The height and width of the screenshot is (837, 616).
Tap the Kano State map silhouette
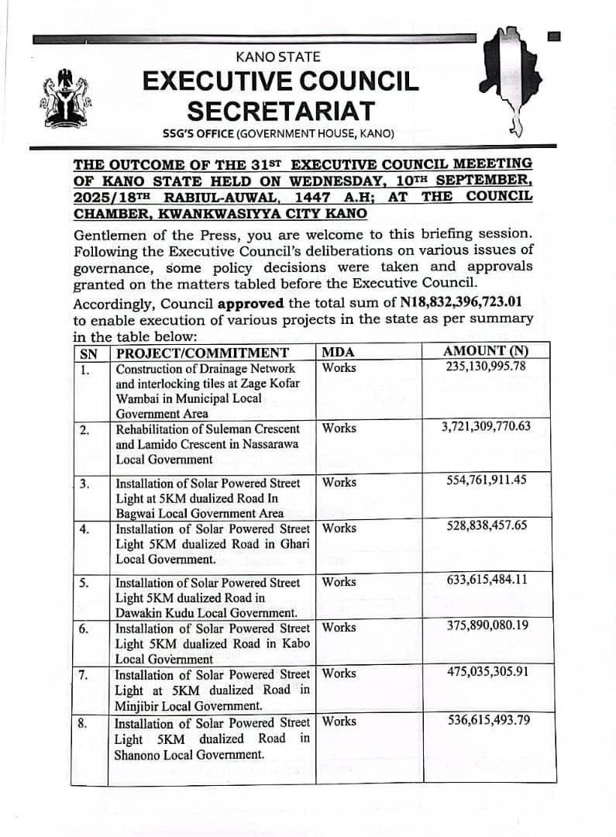click(508, 77)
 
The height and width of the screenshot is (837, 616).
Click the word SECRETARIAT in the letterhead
click(280, 110)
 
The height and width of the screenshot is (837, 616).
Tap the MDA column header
click(337, 352)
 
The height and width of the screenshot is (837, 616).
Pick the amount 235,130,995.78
click(486, 366)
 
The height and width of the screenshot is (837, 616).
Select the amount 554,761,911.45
click(486, 480)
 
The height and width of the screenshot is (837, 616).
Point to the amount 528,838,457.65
click(486, 527)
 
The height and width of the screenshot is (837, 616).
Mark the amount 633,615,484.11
click(486, 580)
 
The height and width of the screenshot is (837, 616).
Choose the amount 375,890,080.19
click(486, 626)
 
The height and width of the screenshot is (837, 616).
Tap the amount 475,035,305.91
click(486, 673)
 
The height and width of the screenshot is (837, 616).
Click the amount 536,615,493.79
click(486, 721)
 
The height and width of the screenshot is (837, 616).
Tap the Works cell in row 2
click(339, 428)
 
